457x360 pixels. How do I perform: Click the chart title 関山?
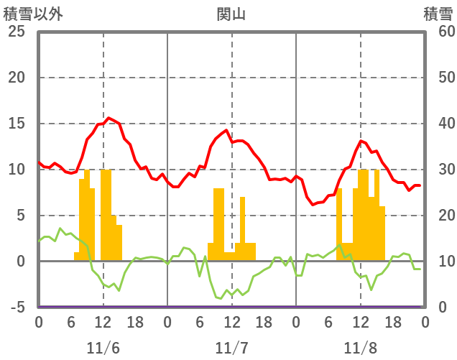pos(231,14)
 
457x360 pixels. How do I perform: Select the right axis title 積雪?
pos(438,14)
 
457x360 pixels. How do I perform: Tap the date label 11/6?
pos(103,348)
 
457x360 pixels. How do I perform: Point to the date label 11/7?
pos(231,348)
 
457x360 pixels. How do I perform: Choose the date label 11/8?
pos(360,348)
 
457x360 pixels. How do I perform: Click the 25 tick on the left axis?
pos(16,32)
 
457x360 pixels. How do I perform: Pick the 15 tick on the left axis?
pos(16,124)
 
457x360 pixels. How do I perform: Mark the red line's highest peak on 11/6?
pos(109,118)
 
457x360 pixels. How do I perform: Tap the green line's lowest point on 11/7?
pos(221,297)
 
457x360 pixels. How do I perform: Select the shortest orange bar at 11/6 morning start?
pos(76,257)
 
